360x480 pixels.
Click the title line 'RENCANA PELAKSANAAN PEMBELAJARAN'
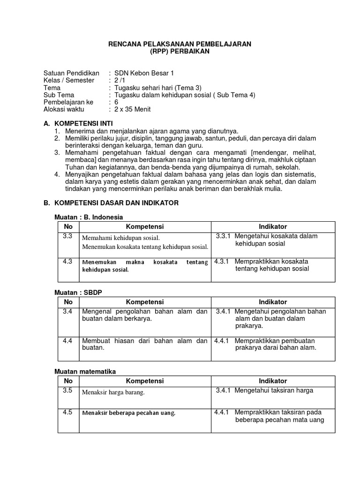[180, 44]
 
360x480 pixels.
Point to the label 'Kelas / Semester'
[68, 80]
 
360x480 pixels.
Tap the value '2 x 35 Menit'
[132, 109]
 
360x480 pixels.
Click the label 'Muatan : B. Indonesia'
[89, 217]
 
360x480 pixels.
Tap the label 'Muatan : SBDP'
[78, 292]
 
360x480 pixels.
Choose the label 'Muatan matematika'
[85, 371]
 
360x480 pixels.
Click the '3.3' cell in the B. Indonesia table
[67, 236]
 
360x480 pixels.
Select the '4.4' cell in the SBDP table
[67, 341]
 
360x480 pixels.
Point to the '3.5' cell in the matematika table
[67, 390]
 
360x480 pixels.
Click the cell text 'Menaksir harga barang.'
[113, 392]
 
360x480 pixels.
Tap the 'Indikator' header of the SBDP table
[273, 302]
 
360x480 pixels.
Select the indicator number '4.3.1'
[221, 262]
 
